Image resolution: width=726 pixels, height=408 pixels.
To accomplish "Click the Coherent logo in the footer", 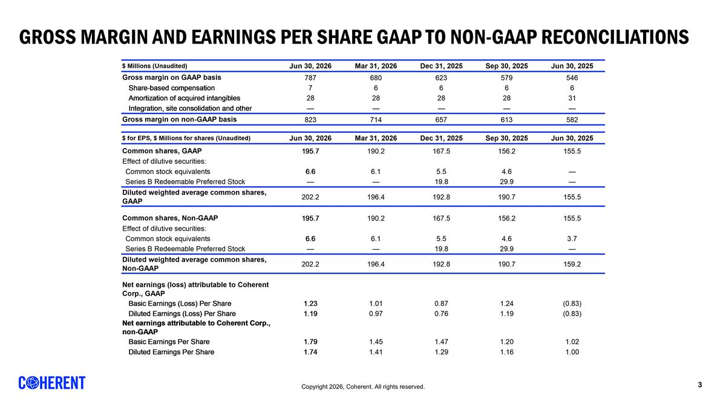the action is [x=52, y=383].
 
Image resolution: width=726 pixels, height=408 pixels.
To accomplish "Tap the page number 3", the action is [x=700, y=384].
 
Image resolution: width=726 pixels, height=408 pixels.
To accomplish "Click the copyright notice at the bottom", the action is [x=362, y=387].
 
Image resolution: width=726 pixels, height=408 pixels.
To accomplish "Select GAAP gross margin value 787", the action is [x=310, y=78].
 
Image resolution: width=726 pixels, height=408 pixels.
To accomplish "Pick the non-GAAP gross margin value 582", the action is [x=572, y=120].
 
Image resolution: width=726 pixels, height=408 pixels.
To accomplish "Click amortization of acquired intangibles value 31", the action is [x=572, y=98].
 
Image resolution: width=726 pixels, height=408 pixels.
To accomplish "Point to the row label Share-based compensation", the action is [x=171, y=88].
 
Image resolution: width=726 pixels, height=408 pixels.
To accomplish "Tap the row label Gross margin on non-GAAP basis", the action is [x=179, y=120].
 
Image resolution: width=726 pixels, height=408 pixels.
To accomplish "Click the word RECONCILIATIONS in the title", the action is [x=615, y=37].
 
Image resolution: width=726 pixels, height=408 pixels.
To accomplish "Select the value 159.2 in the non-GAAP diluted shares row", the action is [x=572, y=264].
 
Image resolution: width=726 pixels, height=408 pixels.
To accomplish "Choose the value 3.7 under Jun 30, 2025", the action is [x=572, y=239].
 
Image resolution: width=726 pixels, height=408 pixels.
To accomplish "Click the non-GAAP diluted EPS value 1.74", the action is [x=310, y=352].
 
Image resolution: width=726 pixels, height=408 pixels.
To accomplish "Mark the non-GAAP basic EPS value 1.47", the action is [x=441, y=342].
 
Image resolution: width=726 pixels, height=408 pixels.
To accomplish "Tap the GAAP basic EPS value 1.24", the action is [x=506, y=303].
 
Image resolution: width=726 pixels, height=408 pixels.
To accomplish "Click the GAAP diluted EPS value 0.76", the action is [x=441, y=314].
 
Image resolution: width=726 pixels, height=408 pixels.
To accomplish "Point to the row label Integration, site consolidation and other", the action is [x=190, y=108].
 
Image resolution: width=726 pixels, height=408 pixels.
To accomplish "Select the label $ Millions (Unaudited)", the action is [x=155, y=66].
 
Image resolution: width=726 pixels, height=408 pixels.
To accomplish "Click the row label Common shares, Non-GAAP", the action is [x=170, y=218].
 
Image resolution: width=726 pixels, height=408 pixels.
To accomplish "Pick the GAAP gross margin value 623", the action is [x=441, y=78].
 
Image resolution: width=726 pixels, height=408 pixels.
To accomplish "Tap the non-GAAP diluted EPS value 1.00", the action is [x=572, y=352].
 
